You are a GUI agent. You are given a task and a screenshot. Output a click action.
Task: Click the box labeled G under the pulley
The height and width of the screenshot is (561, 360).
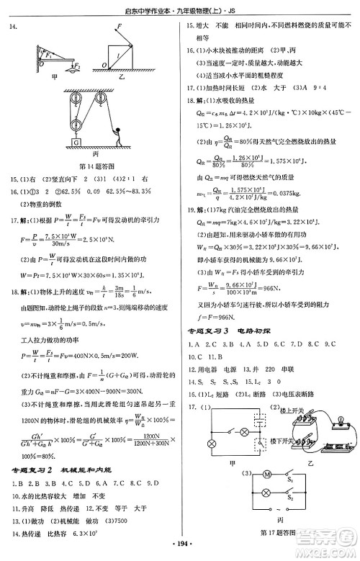pyautogui.click(x=76, y=143)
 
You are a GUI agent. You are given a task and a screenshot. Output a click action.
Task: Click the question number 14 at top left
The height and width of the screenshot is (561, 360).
pyautogui.click(x=12, y=27)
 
